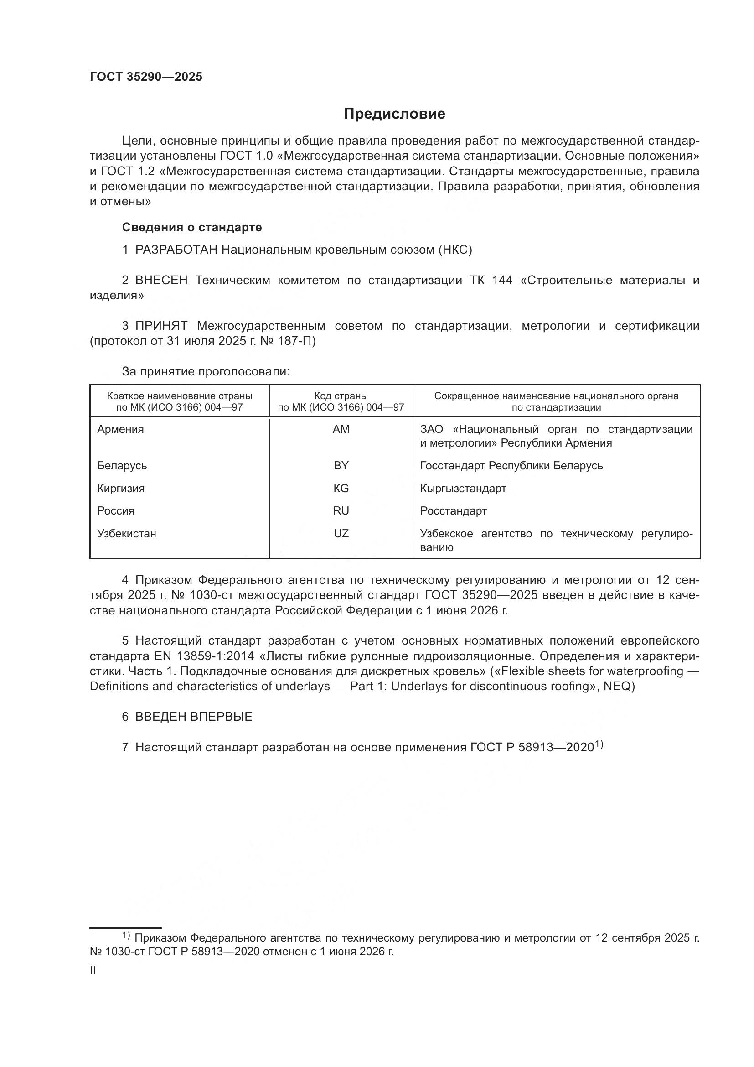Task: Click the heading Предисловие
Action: (x=394, y=114)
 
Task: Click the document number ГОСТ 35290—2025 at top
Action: (x=146, y=77)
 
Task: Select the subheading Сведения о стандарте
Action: (x=192, y=227)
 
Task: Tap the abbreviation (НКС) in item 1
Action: (x=455, y=250)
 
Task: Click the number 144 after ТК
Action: (x=502, y=280)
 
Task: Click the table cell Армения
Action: (x=121, y=429)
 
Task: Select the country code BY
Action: (x=341, y=466)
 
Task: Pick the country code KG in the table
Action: (x=341, y=489)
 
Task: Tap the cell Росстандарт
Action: (x=453, y=511)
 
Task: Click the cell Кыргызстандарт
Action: (x=463, y=489)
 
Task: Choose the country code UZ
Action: (x=341, y=534)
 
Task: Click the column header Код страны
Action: (x=341, y=396)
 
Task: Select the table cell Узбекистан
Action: (x=127, y=534)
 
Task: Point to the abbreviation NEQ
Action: (x=617, y=687)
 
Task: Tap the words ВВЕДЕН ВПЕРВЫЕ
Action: (x=194, y=717)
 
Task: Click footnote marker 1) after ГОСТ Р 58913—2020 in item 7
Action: (x=599, y=744)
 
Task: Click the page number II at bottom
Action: (x=93, y=970)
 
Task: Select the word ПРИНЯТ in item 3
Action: (x=161, y=326)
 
